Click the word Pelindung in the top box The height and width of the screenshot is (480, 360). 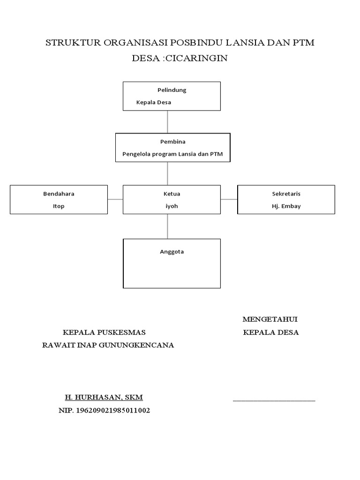[x=172, y=90]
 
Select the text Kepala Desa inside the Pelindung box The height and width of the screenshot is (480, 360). [x=154, y=102]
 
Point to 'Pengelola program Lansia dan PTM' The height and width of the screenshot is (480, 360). [x=172, y=153]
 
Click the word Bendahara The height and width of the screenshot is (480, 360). [x=59, y=194]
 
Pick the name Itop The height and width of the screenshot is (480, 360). [x=59, y=206]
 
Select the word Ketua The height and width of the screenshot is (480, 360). [x=172, y=194]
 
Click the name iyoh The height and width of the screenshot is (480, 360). [x=172, y=206]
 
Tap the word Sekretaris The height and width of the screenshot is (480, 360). [x=286, y=194]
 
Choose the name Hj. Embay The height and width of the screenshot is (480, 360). [x=286, y=206]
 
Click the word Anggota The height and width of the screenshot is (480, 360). [x=172, y=252]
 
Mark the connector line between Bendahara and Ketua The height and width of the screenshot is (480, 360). [x=115, y=199]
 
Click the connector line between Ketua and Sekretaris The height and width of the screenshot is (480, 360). [x=229, y=199]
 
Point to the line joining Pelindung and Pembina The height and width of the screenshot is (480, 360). [x=168, y=122]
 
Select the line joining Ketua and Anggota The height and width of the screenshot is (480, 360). [x=168, y=226]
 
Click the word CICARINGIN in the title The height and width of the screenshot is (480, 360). [x=201, y=58]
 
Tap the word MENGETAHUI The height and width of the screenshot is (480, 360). [x=270, y=320]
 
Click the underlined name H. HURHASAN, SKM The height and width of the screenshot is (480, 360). [x=104, y=397]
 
